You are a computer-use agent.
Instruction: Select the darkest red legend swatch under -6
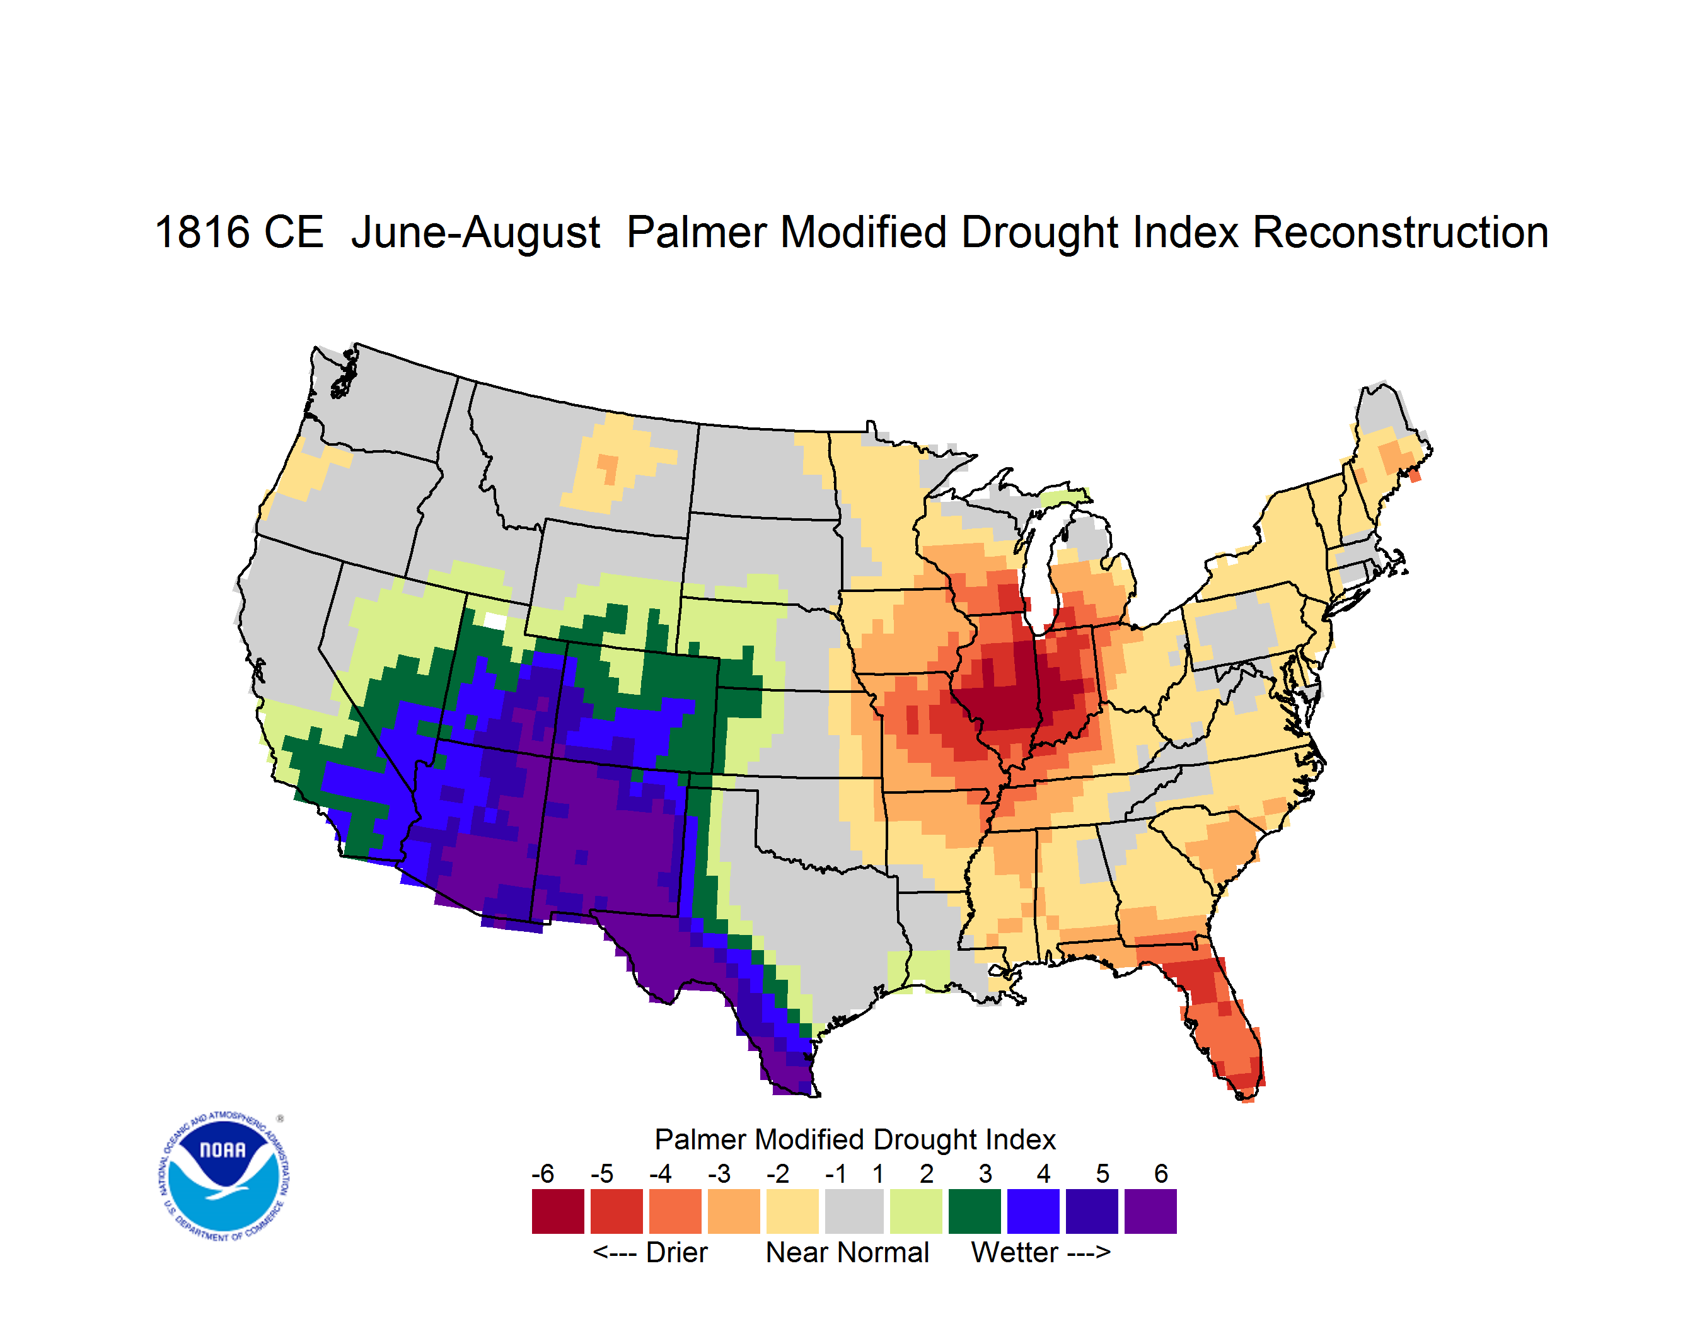(x=557, y=1211)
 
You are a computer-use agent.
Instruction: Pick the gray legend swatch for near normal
(x=854, y=1211)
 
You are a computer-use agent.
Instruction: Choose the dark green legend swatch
(x=974, y=1211)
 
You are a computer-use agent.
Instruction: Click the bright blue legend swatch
(x=1033, y=1211)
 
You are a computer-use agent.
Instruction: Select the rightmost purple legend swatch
(x=1150, y=1211)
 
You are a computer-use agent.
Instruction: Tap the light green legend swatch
(x=916, y=1211)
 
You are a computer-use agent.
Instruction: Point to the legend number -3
(x=719, y=1173)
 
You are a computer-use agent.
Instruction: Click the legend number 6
(x=1161, y=1173)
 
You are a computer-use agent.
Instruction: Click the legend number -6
(x=542, y=1173)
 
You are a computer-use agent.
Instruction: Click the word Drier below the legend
(x=676, y=1252)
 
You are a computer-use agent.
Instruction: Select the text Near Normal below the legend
(x=847, y=1252)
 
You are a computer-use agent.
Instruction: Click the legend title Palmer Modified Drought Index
(x=855, y=1139)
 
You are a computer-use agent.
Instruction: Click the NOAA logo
(x=224, y=1176)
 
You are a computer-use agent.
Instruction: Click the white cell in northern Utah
(x=494, y=621)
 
